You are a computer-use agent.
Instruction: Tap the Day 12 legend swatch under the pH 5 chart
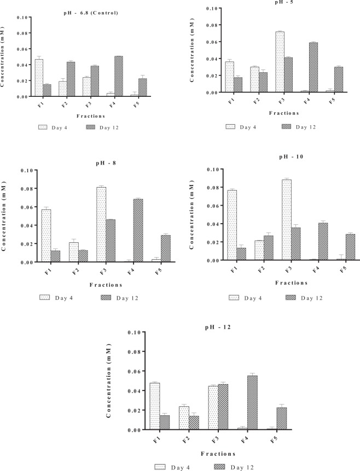click(x=286, y=126)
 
